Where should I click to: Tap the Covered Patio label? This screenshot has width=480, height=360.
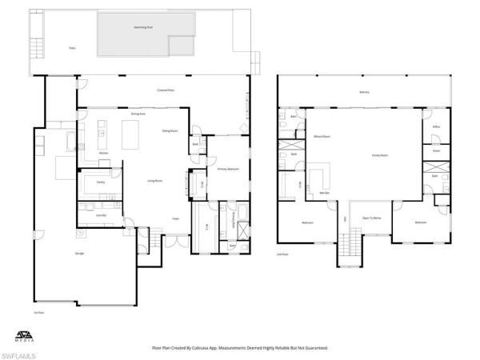pos(166,90)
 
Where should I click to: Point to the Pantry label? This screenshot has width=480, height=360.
pos(101,182)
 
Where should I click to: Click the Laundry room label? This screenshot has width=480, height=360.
pos(101,214)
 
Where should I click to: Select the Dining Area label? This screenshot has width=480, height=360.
pos(138,114)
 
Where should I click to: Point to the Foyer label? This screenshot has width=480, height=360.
pos(176,218)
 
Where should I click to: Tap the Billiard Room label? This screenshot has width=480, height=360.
pos(322,137)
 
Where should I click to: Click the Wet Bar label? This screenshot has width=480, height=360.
pos(325,193)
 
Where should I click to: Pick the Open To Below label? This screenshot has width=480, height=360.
pos(371,218)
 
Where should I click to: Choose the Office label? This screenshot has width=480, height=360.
pos(436,126)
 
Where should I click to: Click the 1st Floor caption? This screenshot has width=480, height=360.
pos(38,310)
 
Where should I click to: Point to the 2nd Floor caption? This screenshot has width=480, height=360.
pos(282,254)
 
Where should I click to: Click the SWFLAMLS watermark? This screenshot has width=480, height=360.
pos(21,353)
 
